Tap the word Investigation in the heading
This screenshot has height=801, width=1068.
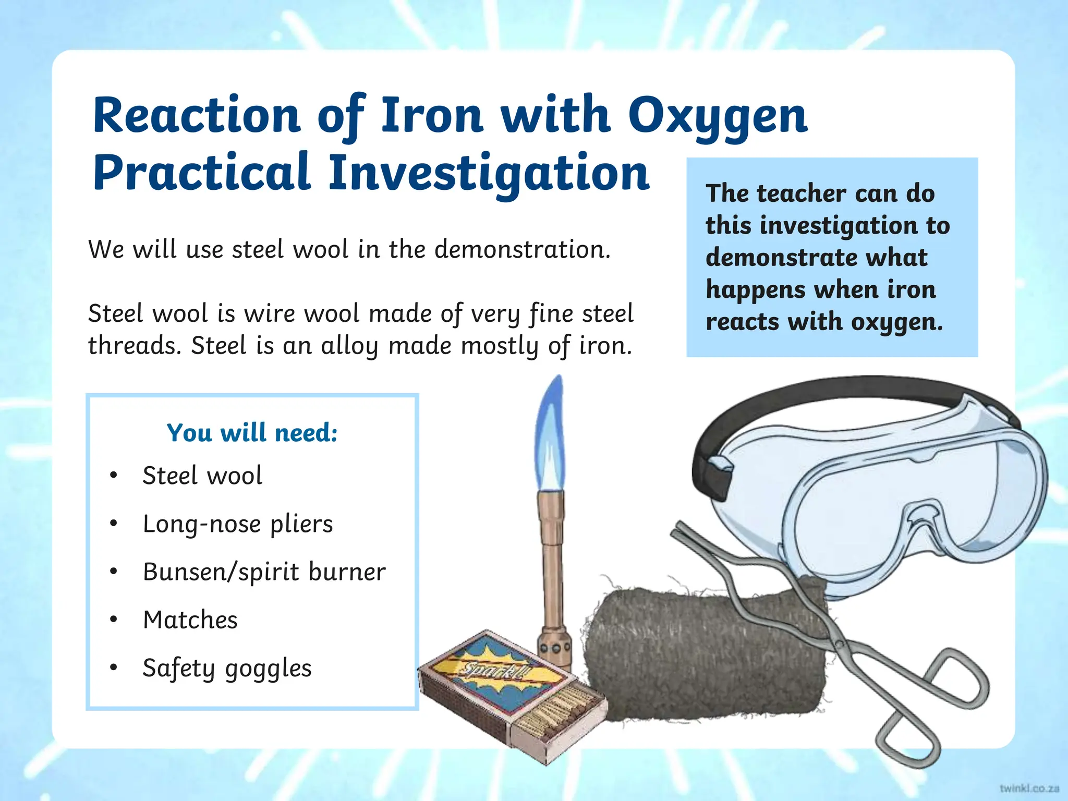(489, 173)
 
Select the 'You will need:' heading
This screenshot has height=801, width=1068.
(252, 433)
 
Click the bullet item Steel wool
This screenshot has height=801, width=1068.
(202, 476)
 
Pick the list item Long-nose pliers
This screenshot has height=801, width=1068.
(238, 524)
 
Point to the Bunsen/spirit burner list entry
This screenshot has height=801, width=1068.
(264, 572)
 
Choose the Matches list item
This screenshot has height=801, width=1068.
(190, 620)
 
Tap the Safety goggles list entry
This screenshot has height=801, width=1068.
(227, 668)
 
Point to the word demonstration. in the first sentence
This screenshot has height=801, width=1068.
(522, 249)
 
